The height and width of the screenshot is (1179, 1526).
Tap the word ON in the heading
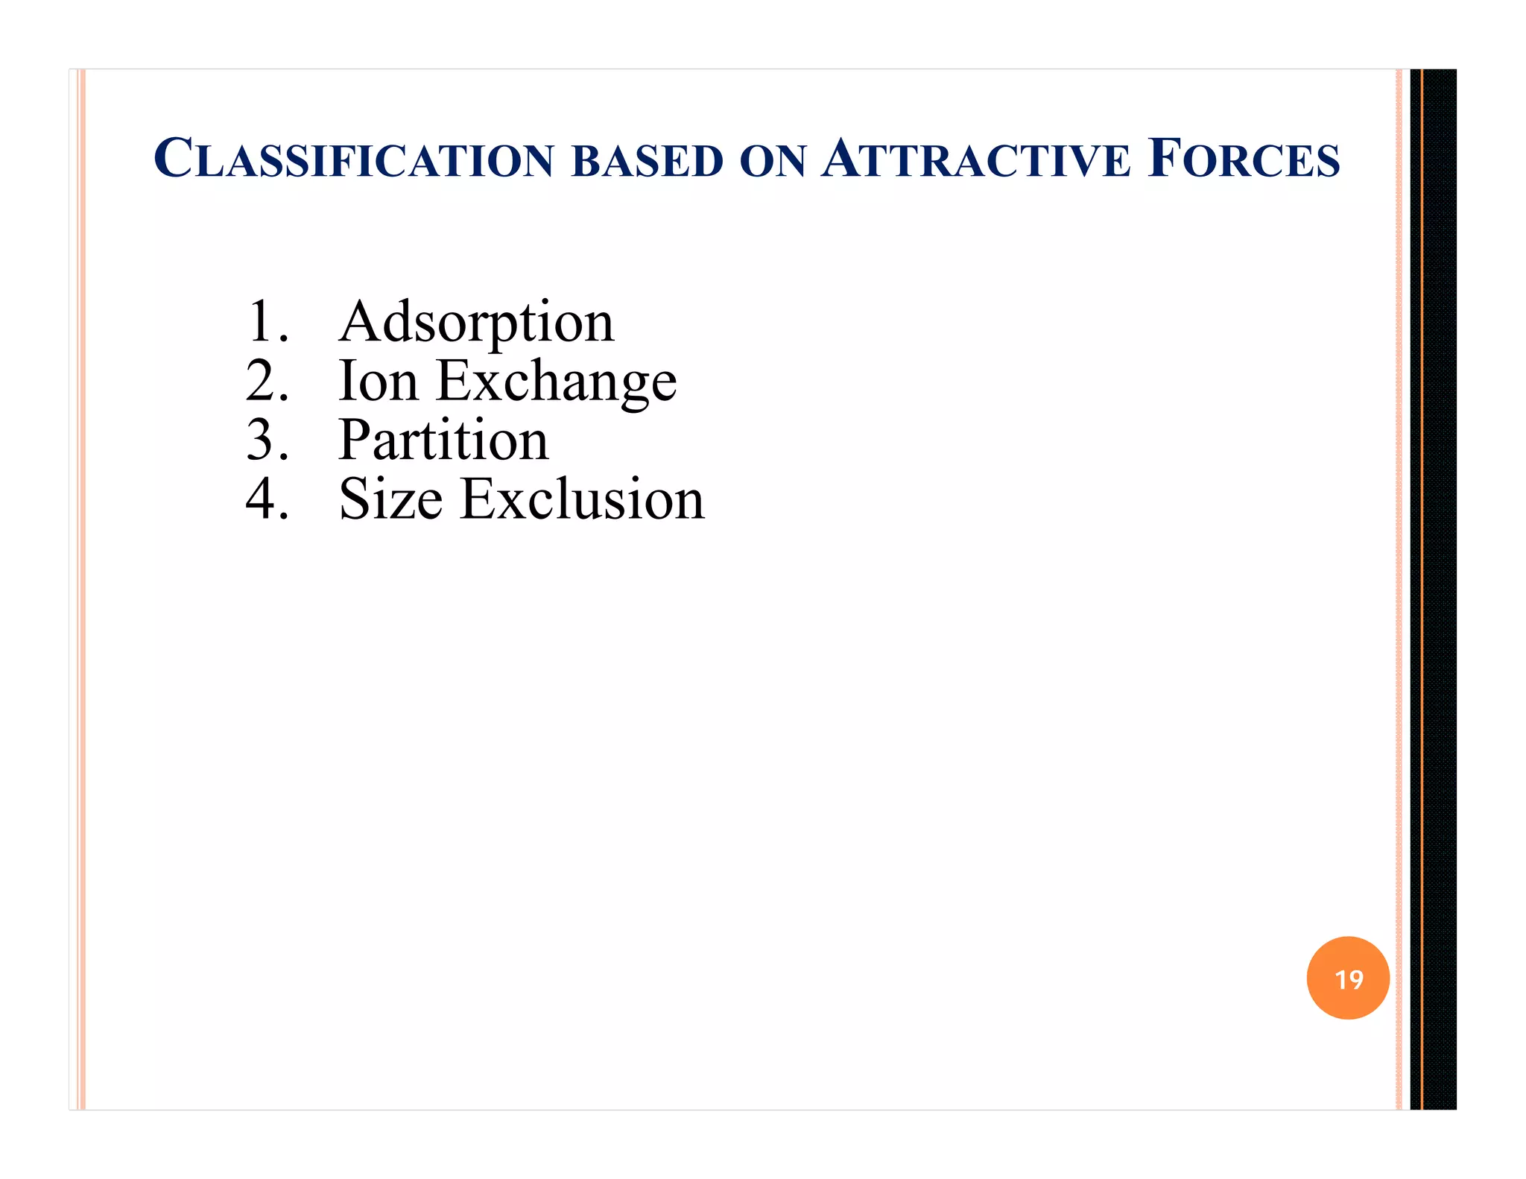(x=773, y=161)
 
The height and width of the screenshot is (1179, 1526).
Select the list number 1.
(x=265, y=322)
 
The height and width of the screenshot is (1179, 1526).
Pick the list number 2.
(x=265, y=381)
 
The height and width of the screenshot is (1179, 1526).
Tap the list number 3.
(x=265, y=440)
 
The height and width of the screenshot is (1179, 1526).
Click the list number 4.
(x=265, y=499)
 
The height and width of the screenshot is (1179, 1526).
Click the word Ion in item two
(x=378, y=381)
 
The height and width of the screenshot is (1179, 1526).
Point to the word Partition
(x=443, y=440)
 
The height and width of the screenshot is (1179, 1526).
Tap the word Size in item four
(x=390, y=499)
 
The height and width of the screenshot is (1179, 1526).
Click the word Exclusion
(x=582, y=499)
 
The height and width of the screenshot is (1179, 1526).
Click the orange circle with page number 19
(x=1347, y=978)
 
